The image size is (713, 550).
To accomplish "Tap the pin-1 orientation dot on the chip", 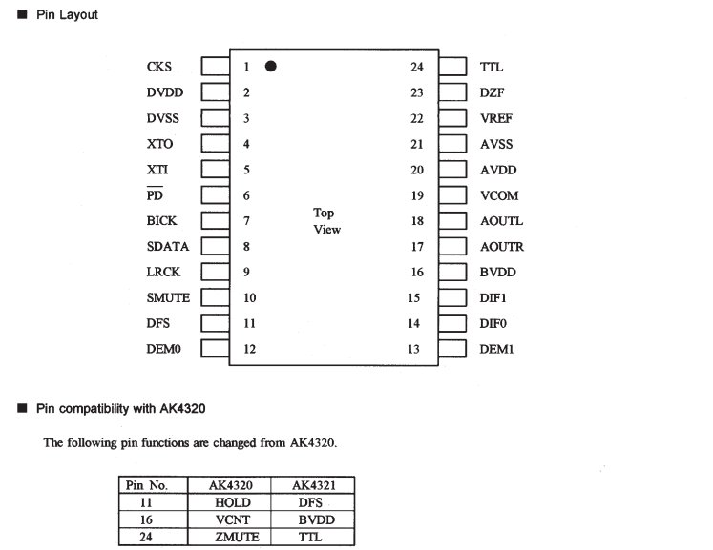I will pos(271,67).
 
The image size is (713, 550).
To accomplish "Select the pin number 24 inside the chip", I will pos(416,67).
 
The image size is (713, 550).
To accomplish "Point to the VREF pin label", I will pos(496,118).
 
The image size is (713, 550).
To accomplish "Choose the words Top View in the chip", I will pos(325,221).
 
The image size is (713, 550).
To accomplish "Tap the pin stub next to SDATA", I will pos(215,247).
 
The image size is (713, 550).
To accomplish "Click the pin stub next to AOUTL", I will pos(452,221).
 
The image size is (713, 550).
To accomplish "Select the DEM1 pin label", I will pos(496,350).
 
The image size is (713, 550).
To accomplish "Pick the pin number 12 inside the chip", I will pos(249,350).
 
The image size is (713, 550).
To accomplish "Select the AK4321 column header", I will pos(312,485).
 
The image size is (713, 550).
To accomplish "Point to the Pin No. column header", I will pos(147,485).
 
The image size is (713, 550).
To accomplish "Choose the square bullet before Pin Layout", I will pos(22,16).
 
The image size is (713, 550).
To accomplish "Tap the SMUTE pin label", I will pos(168,298).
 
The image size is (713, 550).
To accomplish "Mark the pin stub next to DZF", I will pos(452,92).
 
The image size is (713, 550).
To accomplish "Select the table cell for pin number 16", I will pos(147,519).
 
